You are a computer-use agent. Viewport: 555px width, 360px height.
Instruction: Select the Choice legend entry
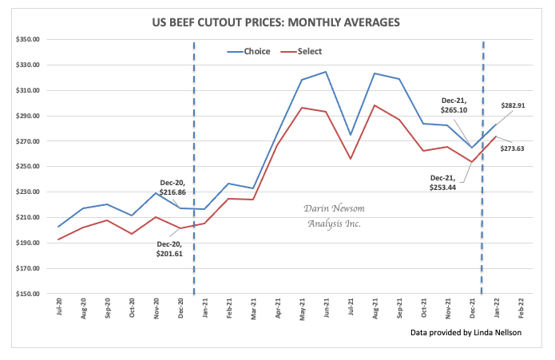[x=247, y=51]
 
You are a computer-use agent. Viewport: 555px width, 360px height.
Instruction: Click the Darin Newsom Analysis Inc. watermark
[x=335, y=216]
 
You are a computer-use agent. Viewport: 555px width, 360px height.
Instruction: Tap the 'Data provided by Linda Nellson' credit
[x=466, y=331]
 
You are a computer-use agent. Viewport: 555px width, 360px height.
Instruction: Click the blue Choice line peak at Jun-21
[x=327, y=72]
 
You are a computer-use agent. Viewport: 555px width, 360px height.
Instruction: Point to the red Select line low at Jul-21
[x=351, y=159]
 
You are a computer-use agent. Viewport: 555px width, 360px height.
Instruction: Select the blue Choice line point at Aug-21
[x=375, y=73]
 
